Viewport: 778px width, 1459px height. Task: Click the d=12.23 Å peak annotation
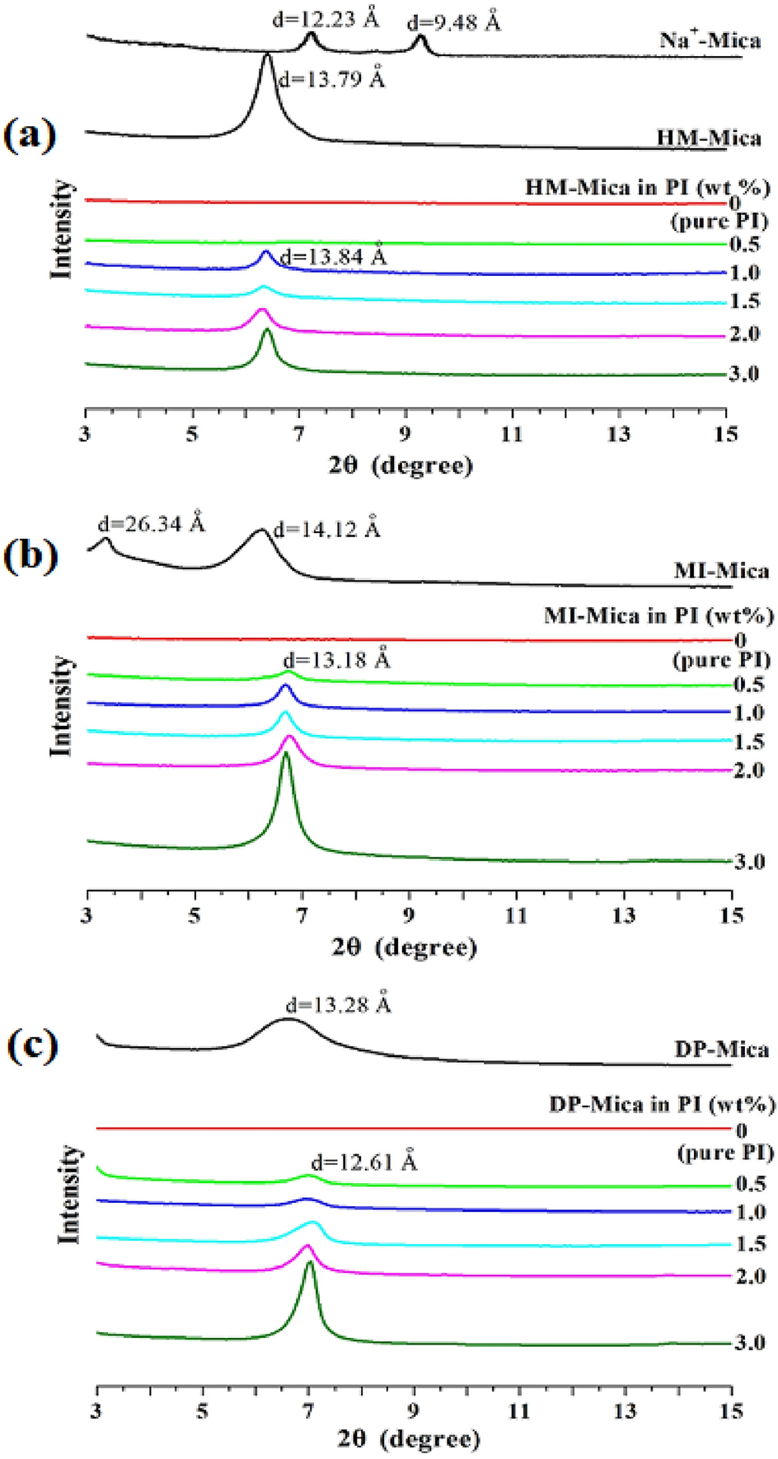(325, 18)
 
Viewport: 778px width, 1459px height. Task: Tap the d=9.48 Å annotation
(452, 21)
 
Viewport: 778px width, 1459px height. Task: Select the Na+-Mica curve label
(710, 40)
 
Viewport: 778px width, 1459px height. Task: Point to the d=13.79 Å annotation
(331, 80)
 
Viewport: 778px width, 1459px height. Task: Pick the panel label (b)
(30, 555)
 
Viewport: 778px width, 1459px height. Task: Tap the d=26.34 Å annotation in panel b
(151, 523)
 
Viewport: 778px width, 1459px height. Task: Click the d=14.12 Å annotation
(326, 529)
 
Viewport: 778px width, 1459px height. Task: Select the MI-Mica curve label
(720, 570)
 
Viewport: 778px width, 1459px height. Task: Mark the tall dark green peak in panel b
(286, 758)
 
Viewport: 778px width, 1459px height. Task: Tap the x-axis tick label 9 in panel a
(405, 434)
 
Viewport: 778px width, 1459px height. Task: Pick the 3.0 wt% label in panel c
(749, 1342)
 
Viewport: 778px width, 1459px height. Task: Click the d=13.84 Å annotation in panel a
(333, 256)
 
